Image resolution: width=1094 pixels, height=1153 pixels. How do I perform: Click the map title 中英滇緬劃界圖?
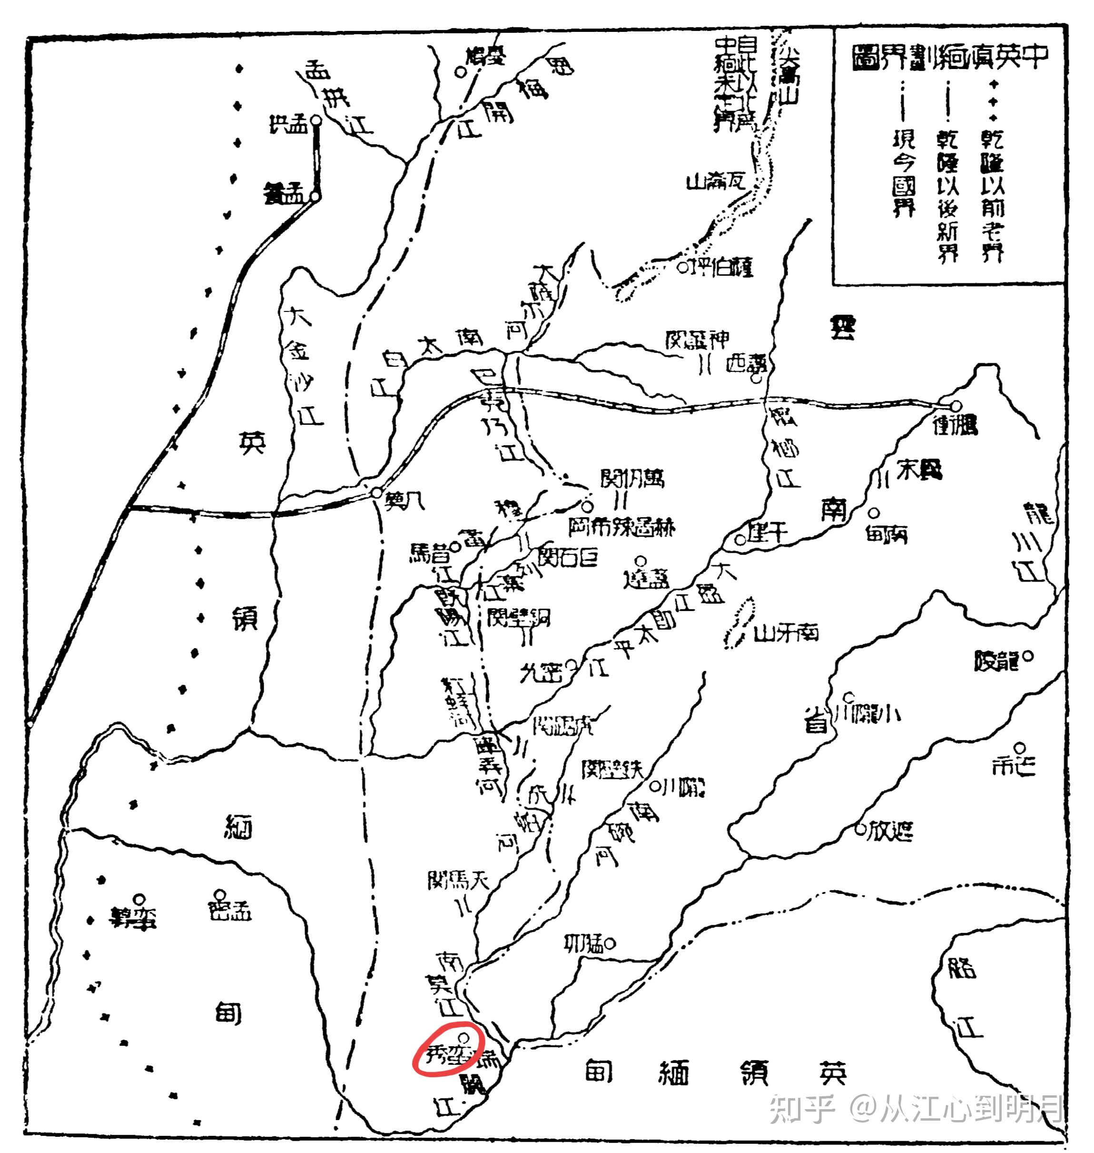click(950, 57)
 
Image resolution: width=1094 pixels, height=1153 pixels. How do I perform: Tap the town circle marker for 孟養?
click(315, 197)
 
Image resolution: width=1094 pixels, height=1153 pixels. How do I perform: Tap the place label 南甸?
click(887, 533)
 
